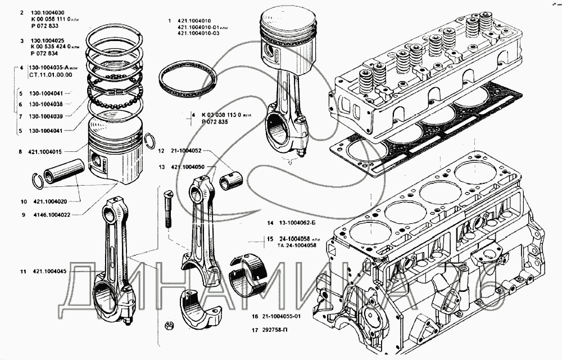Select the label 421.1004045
(50, 272)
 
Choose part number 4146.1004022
(52, 214)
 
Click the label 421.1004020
(50, 201)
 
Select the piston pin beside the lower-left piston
(63, 172)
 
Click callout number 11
(22, 272)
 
